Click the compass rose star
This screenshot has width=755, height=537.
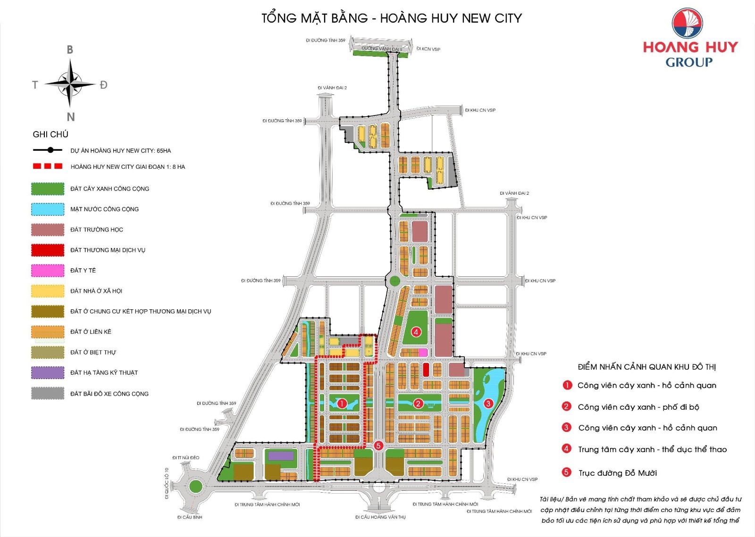[70, 84]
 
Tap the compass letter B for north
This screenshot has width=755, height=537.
[70, 50]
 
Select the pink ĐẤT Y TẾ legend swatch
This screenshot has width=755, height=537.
[48, 271]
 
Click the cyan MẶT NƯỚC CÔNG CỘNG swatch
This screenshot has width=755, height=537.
[48, 209]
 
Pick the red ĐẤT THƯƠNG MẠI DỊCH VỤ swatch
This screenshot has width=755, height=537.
[48, 250]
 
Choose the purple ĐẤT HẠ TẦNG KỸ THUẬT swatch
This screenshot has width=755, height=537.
[48, 373]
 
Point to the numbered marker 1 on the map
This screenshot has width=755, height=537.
[342, 403]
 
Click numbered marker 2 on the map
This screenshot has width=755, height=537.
[418, 403]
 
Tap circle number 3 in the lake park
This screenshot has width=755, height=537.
[488, 403]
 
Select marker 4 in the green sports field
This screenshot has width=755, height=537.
[416, 332]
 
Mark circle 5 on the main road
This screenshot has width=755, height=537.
[378, 445]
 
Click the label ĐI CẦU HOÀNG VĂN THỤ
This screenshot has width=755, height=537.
[380, 517]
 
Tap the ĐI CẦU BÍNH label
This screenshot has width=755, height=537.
[190, 517]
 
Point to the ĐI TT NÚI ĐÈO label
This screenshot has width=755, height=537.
[186, 458]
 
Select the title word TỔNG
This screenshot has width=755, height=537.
[279, 18]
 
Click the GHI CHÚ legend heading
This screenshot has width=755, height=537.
[50, 134]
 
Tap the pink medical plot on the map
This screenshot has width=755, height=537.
[423, 352]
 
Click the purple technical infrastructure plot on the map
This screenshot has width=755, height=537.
[281, 455]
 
